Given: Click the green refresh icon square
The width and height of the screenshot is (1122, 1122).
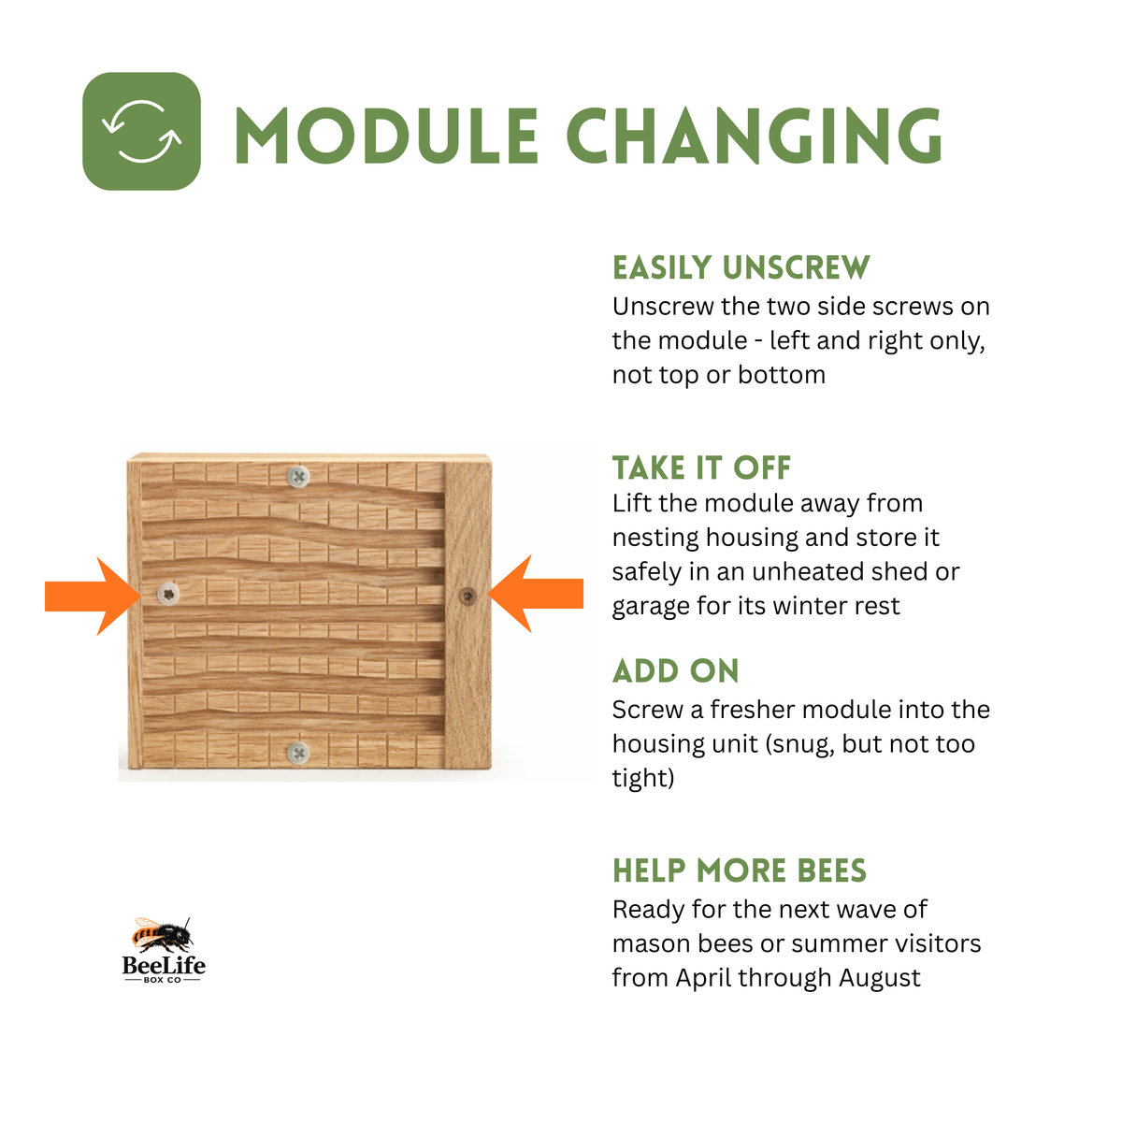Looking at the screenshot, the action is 141,131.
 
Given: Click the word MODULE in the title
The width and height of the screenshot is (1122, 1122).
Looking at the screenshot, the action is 386,135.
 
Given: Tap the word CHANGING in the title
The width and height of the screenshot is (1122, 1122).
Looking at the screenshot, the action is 754,135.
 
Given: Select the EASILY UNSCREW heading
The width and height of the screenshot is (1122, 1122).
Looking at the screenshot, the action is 741,267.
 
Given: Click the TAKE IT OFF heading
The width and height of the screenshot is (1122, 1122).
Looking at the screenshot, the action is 701,467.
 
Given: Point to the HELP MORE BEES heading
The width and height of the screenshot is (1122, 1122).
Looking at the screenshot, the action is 740,871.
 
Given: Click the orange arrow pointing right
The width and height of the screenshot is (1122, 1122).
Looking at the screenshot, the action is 93,596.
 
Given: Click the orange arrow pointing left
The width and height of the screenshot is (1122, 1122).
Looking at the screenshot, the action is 535,594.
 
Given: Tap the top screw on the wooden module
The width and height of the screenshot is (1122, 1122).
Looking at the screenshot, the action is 298,478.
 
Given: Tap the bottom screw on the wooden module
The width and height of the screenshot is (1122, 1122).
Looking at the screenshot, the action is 298,753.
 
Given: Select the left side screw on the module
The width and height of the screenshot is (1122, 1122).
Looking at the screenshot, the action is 169,594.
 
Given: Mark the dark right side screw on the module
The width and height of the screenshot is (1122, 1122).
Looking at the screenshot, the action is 467,596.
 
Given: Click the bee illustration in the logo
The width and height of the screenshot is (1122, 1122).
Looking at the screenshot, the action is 163,934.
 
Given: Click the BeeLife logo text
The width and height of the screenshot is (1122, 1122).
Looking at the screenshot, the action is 164,966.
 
